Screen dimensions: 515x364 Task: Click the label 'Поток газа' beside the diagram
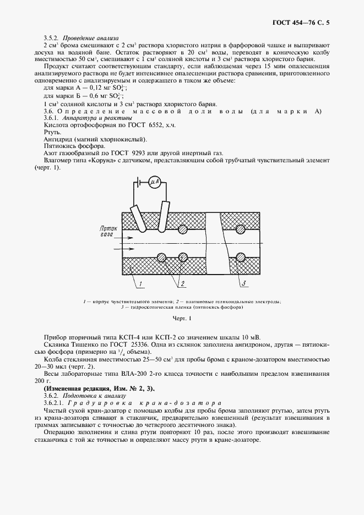point(106,231)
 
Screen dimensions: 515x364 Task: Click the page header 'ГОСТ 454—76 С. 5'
point(304,23)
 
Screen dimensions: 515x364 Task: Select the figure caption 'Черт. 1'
point(181,318)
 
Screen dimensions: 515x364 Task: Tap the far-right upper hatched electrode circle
point(240,228)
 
